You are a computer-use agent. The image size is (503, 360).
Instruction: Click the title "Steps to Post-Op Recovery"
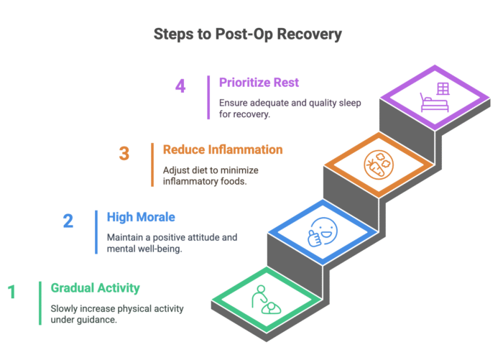[248, 34]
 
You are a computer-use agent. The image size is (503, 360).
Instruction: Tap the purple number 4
[180, 86]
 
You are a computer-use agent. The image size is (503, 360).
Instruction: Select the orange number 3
[124, 153]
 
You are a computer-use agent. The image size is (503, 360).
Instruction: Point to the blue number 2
[68, 221]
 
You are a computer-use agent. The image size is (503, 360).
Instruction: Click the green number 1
[12, 292]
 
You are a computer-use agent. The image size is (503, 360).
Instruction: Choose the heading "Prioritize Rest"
[259, 83]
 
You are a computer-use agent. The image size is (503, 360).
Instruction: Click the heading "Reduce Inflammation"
[223, 150]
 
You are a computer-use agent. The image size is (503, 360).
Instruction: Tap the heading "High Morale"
[141, 217]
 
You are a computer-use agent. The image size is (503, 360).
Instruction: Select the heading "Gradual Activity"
[96, 288]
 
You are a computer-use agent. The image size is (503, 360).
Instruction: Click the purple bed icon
[434, 102]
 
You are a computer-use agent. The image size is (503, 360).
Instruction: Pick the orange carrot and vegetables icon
[379, 165]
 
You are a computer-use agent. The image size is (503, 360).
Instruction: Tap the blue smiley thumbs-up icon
[323, 232]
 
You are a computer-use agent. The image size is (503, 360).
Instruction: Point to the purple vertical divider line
[208, 98]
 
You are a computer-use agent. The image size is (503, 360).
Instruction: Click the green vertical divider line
[40, 303]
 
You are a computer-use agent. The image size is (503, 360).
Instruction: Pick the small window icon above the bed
[443, 88]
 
